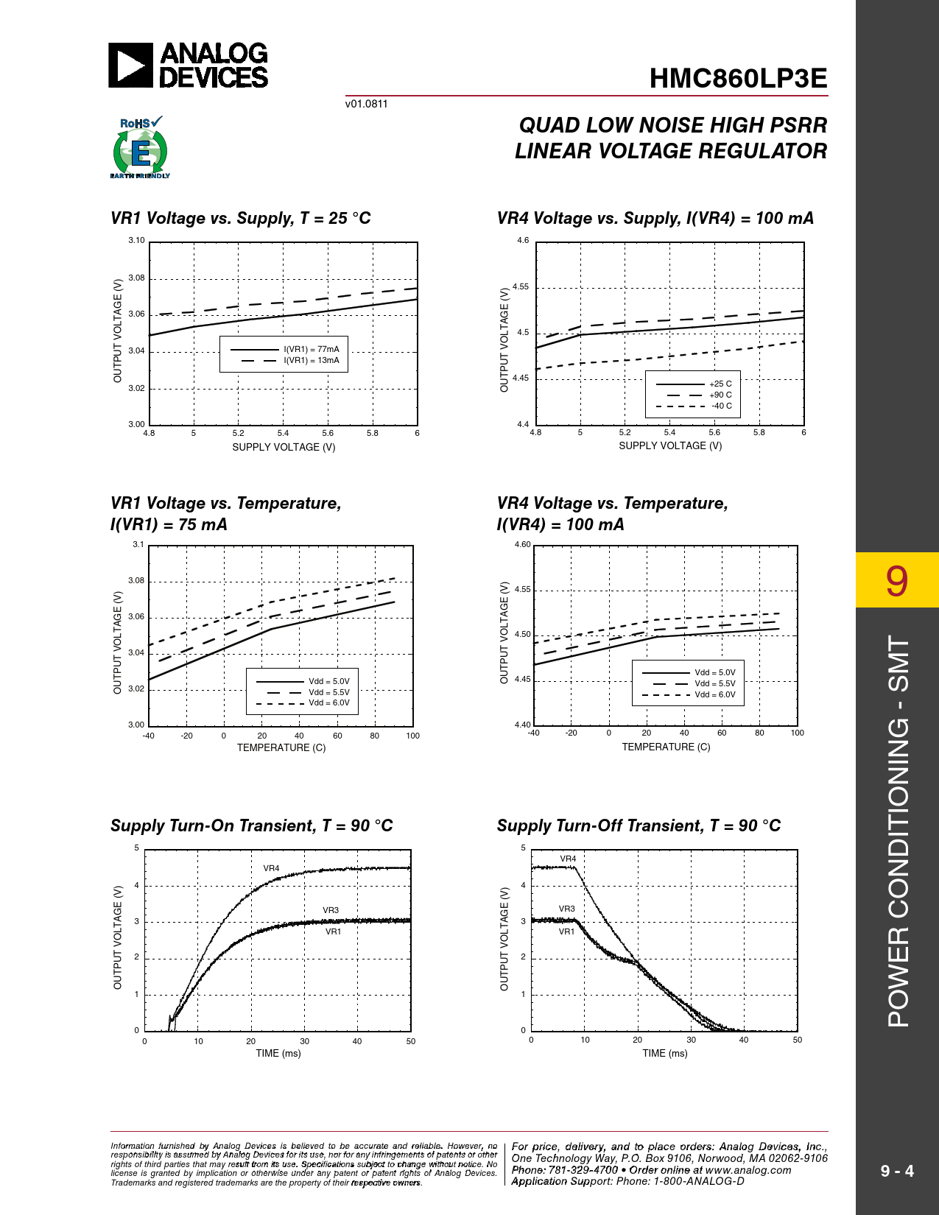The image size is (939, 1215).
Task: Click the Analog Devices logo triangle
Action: [x=130, y=66]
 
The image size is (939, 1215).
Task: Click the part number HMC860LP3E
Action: [x=738, y=79]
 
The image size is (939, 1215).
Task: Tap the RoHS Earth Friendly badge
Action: [x=140, y=148]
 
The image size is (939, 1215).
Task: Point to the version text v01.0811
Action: [x=366, y=104]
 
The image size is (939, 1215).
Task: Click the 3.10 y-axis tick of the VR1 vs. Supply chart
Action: [x=136, y=241]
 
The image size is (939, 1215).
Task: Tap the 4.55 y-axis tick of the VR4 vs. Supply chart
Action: [x=521, y=287]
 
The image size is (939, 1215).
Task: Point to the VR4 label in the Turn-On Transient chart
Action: [x=271, y=869]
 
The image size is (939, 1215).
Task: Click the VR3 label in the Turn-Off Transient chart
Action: [x=566, y=909]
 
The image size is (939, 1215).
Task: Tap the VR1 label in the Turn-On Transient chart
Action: [x=333, y=932]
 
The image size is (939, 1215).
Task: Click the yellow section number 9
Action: [x=896, y=580]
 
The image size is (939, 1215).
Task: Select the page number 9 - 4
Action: [x=897, y=1171]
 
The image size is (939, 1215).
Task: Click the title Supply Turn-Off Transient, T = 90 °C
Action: [x=639, y=826]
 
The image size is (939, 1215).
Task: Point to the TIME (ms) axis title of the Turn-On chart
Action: [x=278, y=1054]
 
